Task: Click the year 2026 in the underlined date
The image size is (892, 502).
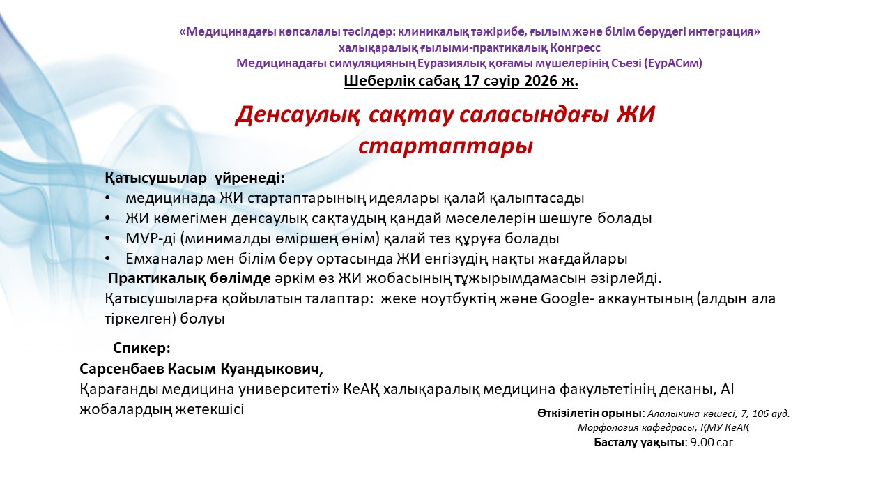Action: pyautogui.click(x=541, y=81)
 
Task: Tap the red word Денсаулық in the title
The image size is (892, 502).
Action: pyautogui.click(x=298, y=115)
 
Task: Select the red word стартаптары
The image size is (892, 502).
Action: pyautogui.click(x=445, y=146)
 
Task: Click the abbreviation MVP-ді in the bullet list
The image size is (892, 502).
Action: pyautogui.click(x=151, y=238)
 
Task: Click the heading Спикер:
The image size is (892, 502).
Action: pyautogui.click(x=141, y=348)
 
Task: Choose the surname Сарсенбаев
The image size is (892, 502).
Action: pyautogui.click(x=121, y=369)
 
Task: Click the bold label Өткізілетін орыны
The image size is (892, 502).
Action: pyautogui.click(x=590, y=413)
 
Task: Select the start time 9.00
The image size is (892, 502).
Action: pyautogui.click(x=702, y=442)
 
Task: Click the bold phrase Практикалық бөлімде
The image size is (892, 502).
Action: pyautogui.click(x=190, y=278)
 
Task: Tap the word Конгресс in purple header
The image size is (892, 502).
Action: pyautogui.click(x=575, y=48)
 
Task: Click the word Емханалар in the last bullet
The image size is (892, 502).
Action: pyautogui.click(x=164, y=259)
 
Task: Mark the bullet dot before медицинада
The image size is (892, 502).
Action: pyautogui.click(x=107, y=198)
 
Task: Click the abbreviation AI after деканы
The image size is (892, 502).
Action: pyautogui.click(x=727, y=389)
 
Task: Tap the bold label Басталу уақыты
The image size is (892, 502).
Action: pyautogui.click(x=639, y=442)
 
